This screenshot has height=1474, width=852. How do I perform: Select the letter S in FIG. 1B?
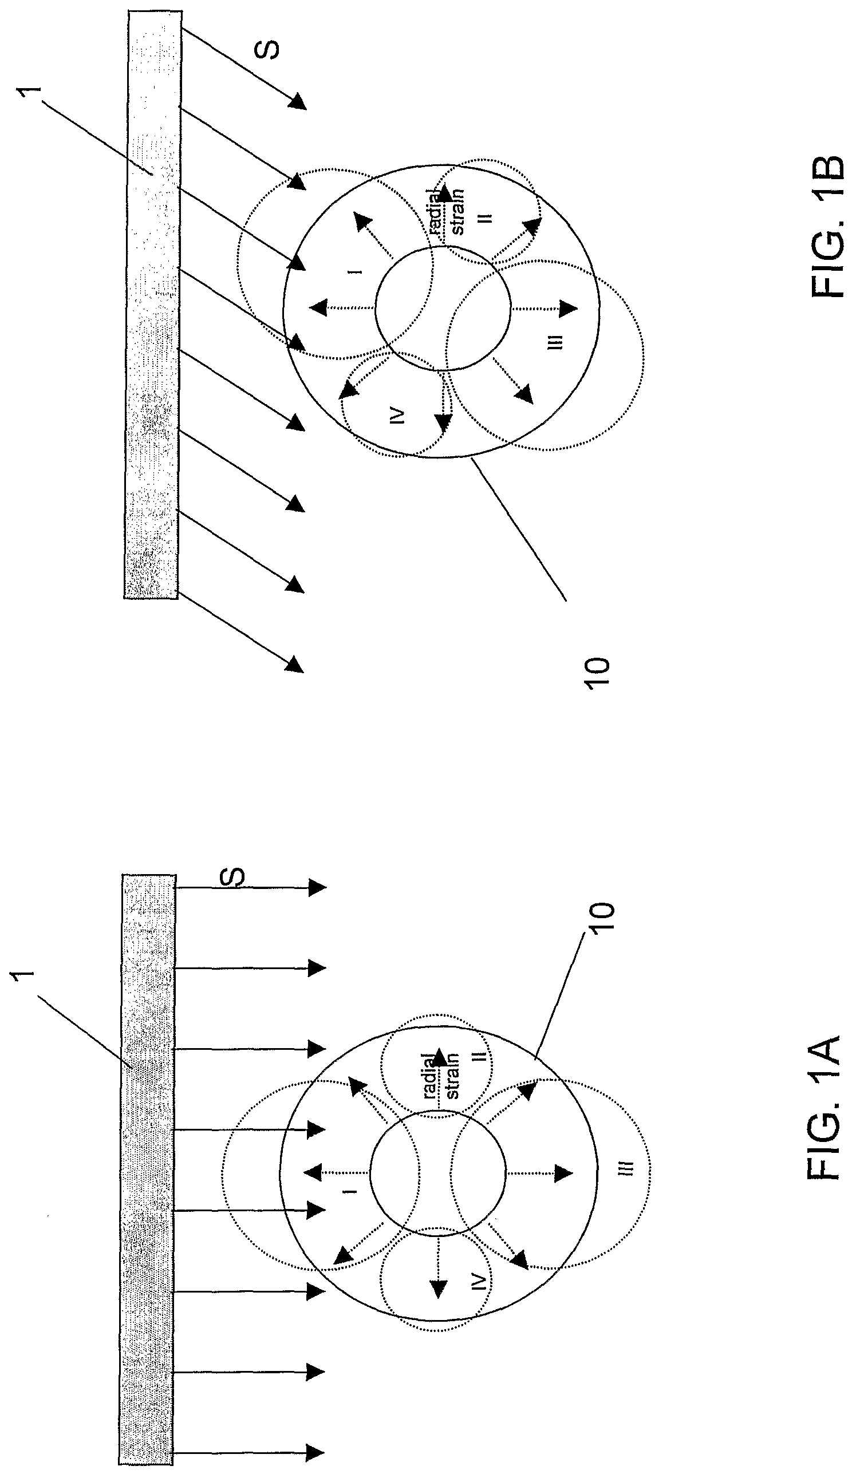(x=269, y=50)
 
